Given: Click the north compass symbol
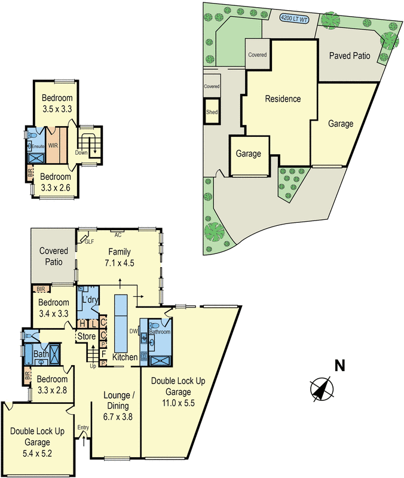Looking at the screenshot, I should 322,389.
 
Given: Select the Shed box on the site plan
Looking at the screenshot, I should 212,112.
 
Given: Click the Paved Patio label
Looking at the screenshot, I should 350,56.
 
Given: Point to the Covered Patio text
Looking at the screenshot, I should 54,256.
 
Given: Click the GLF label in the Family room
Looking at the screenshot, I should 90,241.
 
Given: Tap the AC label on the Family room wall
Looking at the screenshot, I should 118,235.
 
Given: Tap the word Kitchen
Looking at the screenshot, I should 126,357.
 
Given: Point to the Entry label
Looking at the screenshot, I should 83,427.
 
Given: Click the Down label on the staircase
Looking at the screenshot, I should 81,152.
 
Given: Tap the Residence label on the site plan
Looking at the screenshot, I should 283,99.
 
